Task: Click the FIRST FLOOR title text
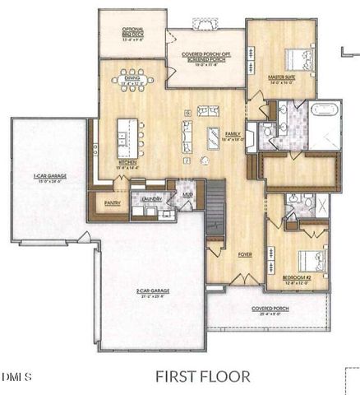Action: (x=202, y=377)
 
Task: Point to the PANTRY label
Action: (x=113, y=202)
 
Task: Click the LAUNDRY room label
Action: (x=150, y=199)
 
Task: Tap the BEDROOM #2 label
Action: (x=297, y=277)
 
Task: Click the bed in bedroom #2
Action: (x=307, y=259)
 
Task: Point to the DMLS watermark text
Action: (x=17, y=378)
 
